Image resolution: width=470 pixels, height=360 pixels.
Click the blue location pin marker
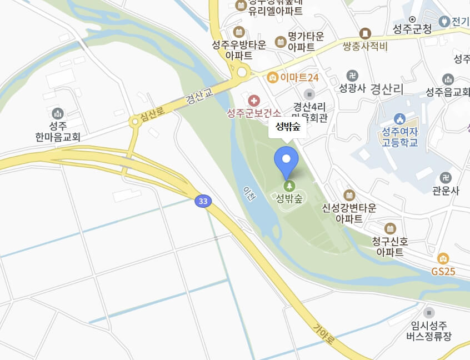286,161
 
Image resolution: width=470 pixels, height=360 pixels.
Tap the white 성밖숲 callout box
287,127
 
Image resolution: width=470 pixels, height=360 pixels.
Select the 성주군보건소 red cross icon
254,101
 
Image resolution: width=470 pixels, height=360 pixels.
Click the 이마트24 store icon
272,77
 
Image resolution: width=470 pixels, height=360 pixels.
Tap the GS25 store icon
443,258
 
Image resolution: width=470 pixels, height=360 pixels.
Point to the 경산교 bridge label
199,99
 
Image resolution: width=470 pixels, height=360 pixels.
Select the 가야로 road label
323,335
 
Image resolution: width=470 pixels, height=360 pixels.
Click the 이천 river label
248,193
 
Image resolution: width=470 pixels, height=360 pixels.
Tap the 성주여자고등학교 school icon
399,118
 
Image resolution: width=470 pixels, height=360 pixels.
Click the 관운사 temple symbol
445,178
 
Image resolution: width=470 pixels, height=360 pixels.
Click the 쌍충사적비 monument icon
365,34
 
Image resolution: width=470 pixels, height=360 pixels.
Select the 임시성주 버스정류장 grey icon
429,312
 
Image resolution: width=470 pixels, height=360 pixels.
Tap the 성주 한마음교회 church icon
57,113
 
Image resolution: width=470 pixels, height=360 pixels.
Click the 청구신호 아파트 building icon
390,228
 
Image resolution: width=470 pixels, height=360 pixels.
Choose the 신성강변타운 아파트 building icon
349,195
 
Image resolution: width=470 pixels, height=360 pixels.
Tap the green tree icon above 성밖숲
288,186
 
